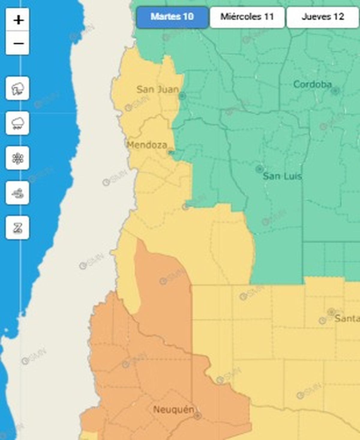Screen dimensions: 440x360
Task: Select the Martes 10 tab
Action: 172,17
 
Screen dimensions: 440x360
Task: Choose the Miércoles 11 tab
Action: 247,17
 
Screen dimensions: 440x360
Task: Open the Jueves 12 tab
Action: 322,17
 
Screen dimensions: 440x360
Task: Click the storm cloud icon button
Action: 17,88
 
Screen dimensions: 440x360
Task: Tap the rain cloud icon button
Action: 17,123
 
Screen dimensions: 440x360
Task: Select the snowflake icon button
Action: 17,158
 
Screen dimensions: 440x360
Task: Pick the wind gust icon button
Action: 17,193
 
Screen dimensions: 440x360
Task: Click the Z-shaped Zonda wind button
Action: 17,228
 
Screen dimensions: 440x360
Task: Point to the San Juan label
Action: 157,89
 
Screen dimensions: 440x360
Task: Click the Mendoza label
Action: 147,145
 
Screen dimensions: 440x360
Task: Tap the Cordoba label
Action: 312,84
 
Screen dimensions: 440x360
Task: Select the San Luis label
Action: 282,176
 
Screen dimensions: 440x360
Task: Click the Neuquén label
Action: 173,409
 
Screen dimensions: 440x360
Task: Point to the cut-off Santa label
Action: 347,318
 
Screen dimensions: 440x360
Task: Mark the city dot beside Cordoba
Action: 335,90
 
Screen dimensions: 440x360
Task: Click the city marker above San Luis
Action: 259,169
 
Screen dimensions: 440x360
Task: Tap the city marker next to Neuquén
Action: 197,416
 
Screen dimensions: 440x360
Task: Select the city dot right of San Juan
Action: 182,96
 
